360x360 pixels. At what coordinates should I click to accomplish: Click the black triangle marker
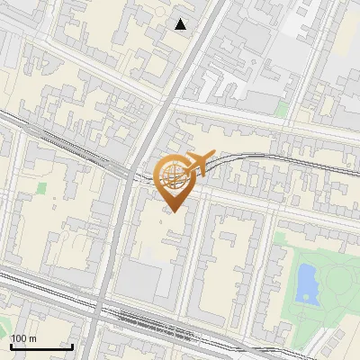(181, 24)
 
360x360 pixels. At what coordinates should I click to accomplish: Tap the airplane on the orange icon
(200, 162)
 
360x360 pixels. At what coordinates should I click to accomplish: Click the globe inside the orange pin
(175, 176)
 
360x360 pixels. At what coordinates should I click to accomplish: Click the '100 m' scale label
(22, 338)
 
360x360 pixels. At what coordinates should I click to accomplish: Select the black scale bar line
(41, 346)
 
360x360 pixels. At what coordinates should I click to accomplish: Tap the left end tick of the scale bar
(10, 345)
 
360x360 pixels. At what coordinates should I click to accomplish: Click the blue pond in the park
(306, 283)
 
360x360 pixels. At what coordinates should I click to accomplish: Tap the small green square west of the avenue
(41, 187)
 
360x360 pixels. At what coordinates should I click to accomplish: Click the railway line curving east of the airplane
(261, 157)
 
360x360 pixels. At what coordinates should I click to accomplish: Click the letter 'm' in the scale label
(31, 338)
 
